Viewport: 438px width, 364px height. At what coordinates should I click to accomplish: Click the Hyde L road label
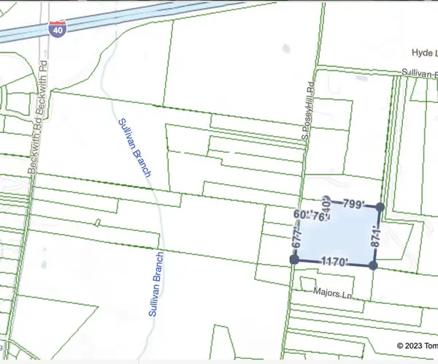coord(423,53)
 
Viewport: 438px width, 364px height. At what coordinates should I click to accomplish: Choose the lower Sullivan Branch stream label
coord(155,284)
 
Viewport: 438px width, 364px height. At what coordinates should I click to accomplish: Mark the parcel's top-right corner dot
coord(379,208)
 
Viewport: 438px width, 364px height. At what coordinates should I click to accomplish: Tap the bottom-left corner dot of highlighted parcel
coord(293,259)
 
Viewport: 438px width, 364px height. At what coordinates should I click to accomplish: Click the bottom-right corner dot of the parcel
coord(373,266)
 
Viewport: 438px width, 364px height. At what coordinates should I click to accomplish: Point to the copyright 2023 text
coord(417,346)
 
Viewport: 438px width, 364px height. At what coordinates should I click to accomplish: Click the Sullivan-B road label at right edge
coord(419,74)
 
